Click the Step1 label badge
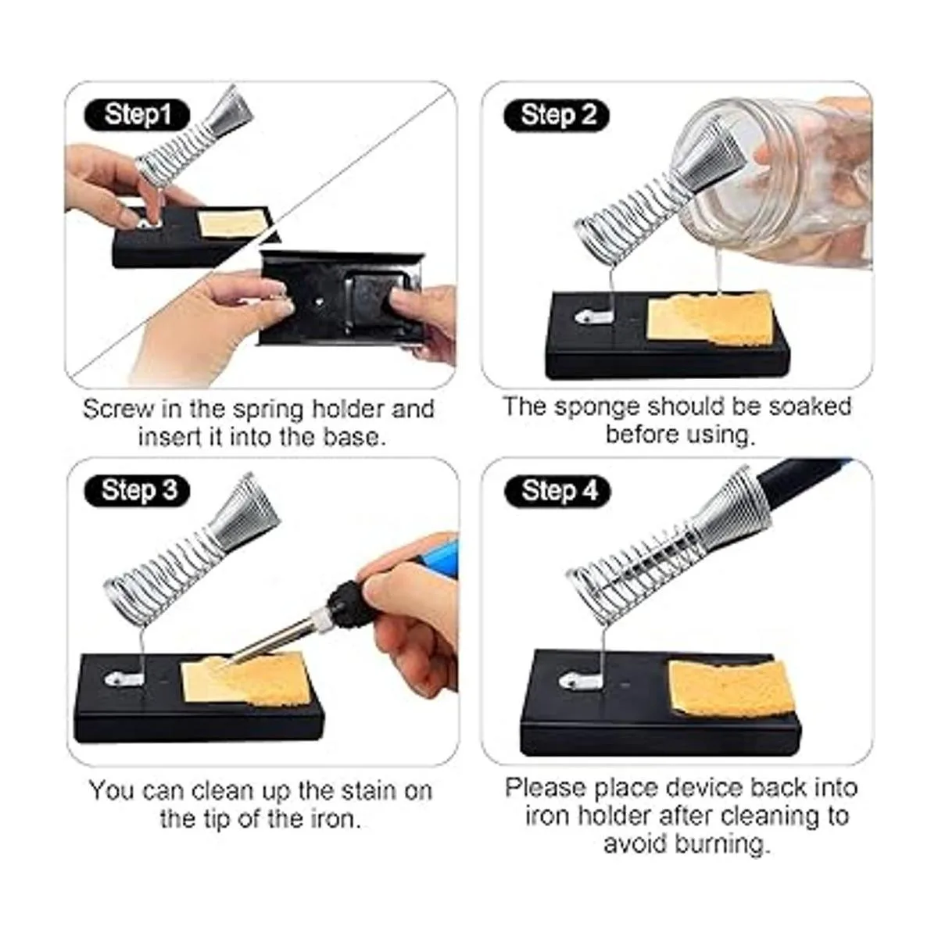click(137, 116)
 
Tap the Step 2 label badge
click(557, 116)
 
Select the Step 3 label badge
click(137, 491)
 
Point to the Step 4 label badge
click(557, 491)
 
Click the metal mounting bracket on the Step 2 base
click(593, 317)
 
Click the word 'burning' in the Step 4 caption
click(724, 844)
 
